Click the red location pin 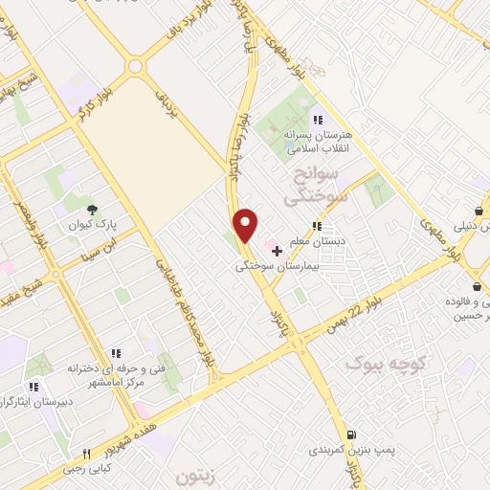(246, 225)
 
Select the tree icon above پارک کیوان (92, 210)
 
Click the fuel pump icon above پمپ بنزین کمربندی (351, 434)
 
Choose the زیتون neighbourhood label (200, 475)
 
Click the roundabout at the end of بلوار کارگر (133, 67)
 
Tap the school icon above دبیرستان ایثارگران (33, 387)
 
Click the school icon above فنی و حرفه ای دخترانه (116, 352)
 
